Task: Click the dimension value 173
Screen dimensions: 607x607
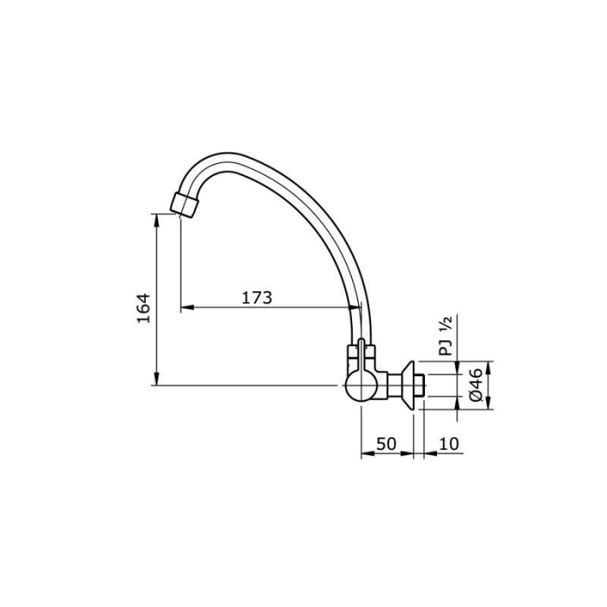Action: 256,297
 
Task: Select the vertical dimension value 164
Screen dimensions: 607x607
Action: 144,307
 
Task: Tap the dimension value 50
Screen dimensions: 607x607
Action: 386,444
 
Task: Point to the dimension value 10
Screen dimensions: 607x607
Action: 448,444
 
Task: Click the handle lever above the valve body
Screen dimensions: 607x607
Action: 361,352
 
